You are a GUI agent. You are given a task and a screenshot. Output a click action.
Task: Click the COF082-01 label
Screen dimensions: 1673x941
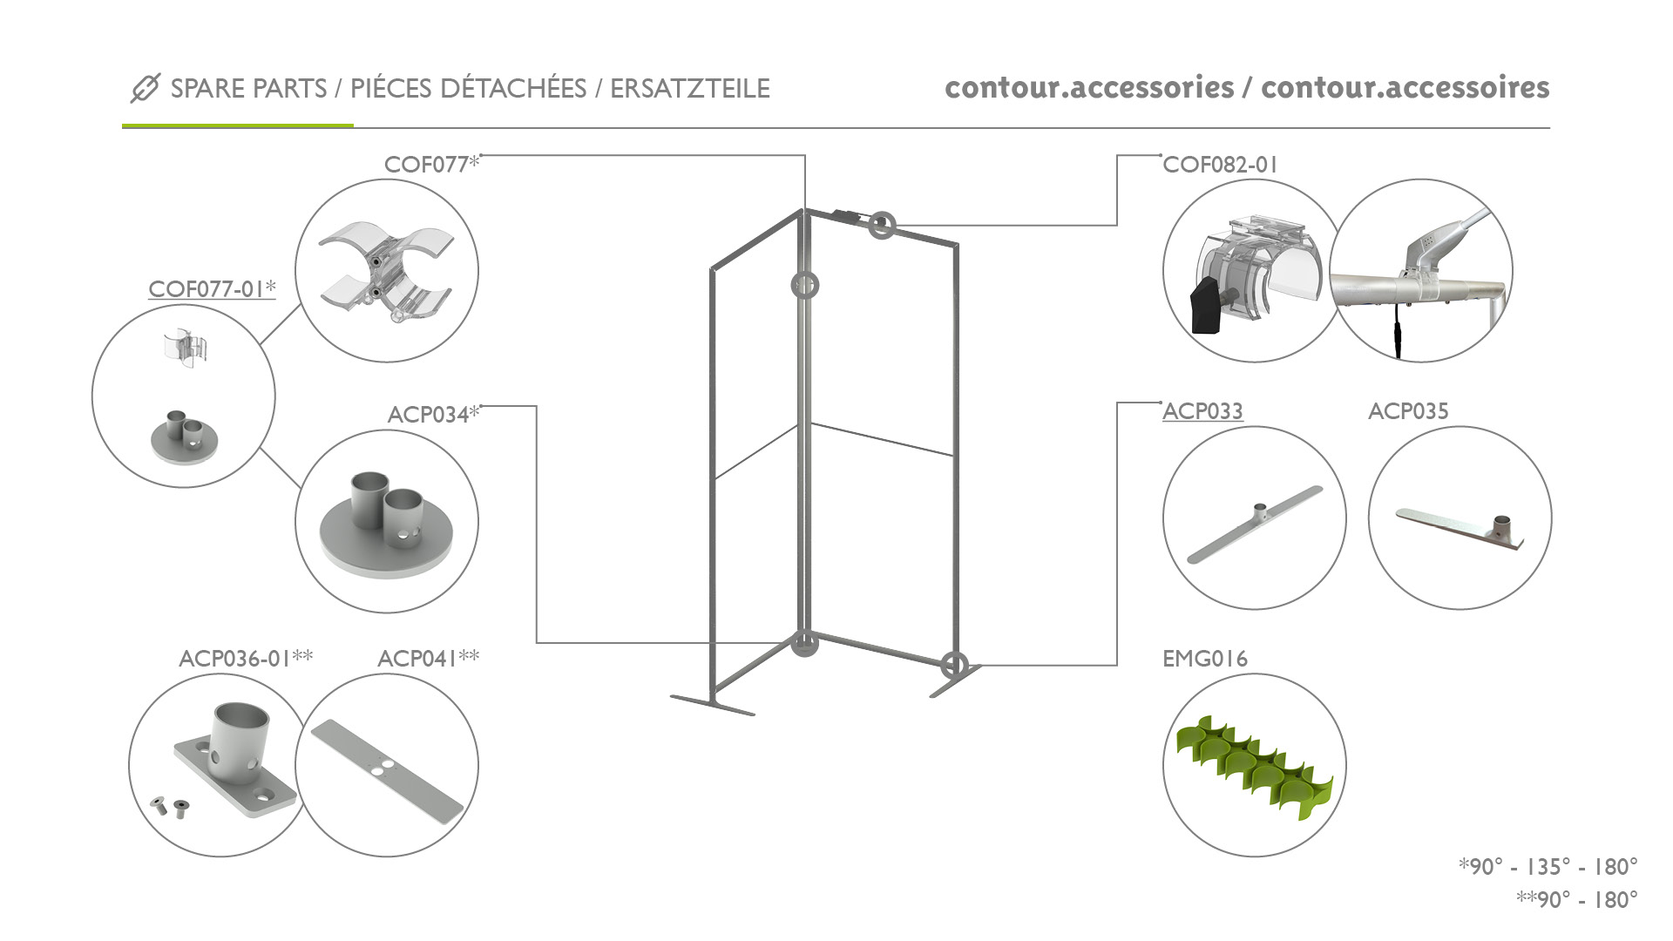click(1220, 165)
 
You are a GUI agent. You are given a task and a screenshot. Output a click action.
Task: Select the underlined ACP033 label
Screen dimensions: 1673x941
click(1202, 411)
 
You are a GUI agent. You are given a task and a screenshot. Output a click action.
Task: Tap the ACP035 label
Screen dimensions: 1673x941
click(1408, 411)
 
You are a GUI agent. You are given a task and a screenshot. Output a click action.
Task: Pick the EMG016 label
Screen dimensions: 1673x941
click(1205, 659)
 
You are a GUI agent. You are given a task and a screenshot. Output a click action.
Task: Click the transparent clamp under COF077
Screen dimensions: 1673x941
click(384, 271)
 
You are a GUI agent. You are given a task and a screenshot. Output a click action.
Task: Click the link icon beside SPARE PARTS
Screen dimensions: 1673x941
click(145, 88)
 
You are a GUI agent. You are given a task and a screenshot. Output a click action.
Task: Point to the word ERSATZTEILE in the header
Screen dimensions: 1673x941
click(690, 88)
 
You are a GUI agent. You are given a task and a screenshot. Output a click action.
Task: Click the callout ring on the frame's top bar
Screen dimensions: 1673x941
click(881, 225)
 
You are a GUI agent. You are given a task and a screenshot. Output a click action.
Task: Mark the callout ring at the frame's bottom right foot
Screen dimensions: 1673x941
click(954, 665)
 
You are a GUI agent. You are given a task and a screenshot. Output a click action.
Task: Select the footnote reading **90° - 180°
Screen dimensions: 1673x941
click(1577, 899)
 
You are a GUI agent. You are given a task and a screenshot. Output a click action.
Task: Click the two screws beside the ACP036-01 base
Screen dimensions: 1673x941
click(169, 807)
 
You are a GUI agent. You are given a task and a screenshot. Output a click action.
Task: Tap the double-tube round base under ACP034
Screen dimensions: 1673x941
click(387, 523)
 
